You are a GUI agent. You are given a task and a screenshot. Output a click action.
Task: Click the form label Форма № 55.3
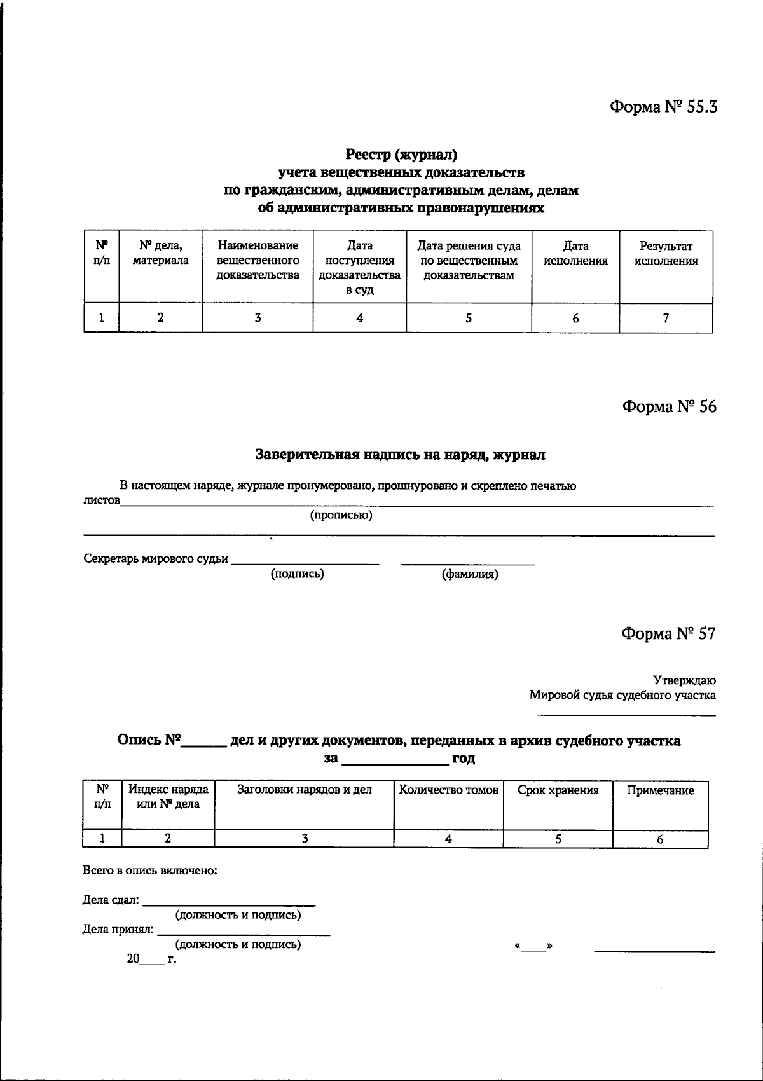tap(664, 106)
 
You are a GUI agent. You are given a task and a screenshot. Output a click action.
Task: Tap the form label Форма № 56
tap(669, 406)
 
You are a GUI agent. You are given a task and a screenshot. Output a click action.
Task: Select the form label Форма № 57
tap(668, 633)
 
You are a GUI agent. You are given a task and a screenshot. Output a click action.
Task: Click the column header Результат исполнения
tap(666, 253)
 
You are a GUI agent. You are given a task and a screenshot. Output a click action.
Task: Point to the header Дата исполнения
tap(575, 253)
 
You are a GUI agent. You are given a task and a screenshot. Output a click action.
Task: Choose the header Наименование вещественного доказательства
tap(258, 260)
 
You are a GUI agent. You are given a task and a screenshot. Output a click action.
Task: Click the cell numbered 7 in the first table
tap(666, 318)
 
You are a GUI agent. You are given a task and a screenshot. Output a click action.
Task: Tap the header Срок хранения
tap(558, 790)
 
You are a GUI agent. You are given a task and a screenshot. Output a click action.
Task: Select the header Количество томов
tap(448, 790)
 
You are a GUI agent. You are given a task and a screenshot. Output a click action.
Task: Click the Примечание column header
tap(660, 790)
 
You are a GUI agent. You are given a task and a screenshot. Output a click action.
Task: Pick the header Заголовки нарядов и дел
tap(304, 790)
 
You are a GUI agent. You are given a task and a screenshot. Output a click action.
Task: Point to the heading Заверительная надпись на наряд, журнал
tap(400, 455)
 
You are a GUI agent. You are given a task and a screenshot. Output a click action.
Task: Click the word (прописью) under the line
tap(341, 515)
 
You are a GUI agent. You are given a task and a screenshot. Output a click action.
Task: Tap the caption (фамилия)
tap(470, 574)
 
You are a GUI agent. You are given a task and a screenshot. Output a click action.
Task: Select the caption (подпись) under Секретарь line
tap(297, 574)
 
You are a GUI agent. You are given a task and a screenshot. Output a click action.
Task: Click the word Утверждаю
tap(684, 680)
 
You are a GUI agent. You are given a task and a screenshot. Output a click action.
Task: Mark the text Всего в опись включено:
tap(150, 871)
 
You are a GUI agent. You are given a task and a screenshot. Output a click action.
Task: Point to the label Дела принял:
tap(118, 929)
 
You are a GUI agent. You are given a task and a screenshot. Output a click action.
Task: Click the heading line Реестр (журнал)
tap(401, 155)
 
